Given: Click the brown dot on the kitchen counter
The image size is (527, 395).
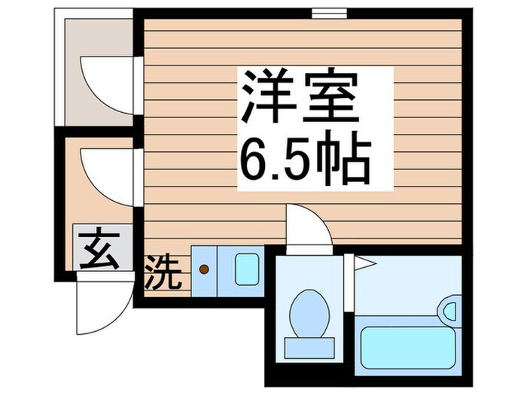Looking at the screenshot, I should point(203,267).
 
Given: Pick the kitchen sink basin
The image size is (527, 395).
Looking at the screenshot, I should point(247,269).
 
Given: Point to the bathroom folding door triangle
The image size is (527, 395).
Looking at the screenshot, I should point(365,262).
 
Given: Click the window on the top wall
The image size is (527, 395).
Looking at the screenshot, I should point(329,13).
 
